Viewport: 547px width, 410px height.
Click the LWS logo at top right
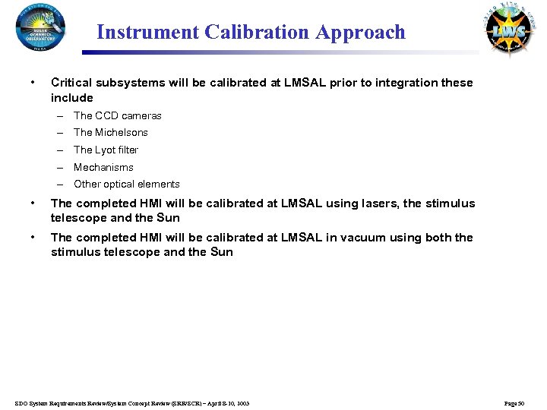pos(507,30)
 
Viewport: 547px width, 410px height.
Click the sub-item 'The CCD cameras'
pos(117,115)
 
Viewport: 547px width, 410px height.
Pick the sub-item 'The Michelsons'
pos(110,132)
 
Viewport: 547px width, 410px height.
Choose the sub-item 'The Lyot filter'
pos(106,150)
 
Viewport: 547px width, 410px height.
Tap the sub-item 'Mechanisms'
pos(103,167)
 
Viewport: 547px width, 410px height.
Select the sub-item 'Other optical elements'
pos(126,184)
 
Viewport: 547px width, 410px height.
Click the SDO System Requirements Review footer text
pos(131,402)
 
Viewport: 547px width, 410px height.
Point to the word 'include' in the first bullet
pos(71,98)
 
